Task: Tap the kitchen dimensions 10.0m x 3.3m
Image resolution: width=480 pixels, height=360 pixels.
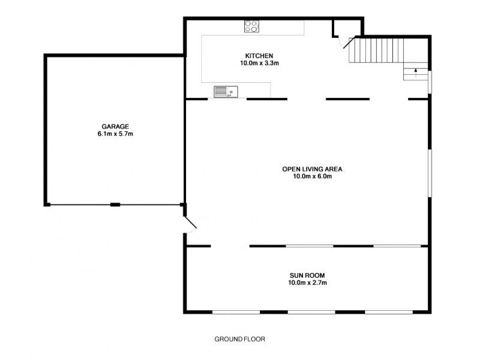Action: pos(259,63)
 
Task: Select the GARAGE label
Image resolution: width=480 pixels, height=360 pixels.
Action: pos(115,127)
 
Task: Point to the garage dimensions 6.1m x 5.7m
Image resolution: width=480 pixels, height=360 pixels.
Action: pos(115,134)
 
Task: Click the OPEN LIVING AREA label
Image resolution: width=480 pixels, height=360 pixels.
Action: pos(311,169)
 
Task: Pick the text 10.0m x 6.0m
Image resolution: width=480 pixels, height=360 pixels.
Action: pos(311,176)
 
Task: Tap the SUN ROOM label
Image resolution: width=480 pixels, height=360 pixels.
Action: pos(307,275)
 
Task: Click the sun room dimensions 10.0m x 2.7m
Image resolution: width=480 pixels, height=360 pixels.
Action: pos(307,283)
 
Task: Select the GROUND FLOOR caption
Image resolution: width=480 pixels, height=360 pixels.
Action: pos(240,339)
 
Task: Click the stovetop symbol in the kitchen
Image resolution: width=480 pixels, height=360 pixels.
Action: pos(252,26)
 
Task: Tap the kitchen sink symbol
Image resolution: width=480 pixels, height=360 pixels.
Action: pos(226,91)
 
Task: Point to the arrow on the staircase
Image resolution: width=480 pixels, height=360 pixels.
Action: pos(415,72)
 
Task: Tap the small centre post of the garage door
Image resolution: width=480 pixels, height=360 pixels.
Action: pos(115,205)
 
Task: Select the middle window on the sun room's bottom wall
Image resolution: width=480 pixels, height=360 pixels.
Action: pos(311,312)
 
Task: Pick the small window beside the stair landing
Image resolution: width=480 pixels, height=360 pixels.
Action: pos(429,82)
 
